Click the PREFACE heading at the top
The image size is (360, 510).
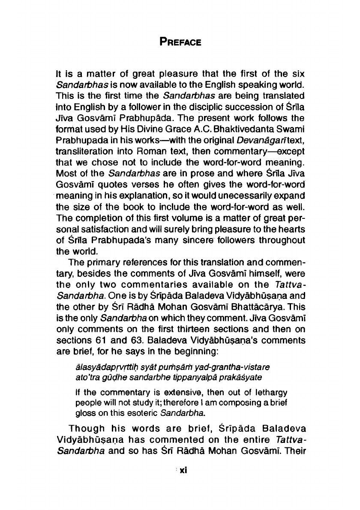(x=180, y=43)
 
